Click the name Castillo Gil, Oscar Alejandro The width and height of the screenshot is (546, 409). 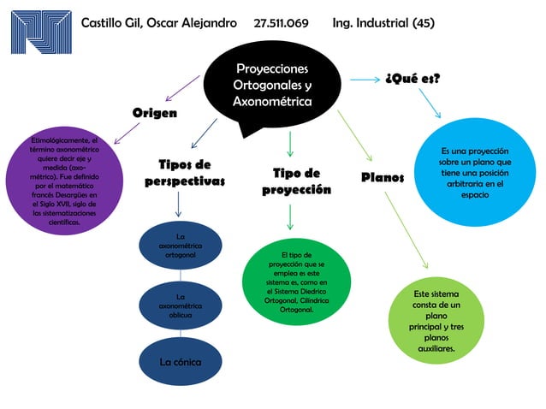[x=158, y=23]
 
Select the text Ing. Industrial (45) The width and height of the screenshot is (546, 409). [x=383, y=23]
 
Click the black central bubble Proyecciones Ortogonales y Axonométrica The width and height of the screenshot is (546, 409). [x=272, y=86]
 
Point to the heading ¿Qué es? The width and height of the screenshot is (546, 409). [x=412, y=79]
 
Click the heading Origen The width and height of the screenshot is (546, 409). [x=154, y=113]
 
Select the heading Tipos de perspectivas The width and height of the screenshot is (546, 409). [x=185, y=172]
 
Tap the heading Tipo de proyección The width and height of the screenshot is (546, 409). [x=296, y=181]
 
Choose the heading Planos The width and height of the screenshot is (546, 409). [x=383, y=177]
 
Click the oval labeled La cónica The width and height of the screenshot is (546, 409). [x=180, y=362]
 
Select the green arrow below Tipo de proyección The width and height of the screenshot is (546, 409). [x=290, y=216]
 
